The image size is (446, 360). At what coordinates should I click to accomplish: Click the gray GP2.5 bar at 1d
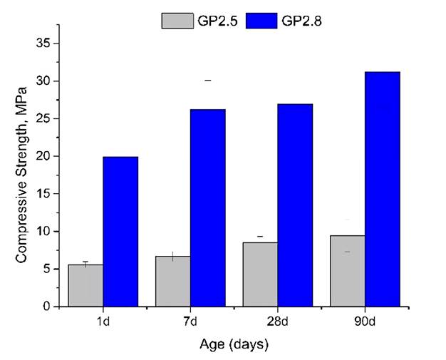point(85,285)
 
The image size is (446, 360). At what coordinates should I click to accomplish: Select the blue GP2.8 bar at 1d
point(120,232)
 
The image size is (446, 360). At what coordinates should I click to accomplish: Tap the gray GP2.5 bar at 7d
point(172,281)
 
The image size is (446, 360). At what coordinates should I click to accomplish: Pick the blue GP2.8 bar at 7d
point(207,207)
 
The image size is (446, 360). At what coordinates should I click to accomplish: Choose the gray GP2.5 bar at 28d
point(260,274)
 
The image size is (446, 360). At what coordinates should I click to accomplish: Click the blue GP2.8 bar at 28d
point(295,205)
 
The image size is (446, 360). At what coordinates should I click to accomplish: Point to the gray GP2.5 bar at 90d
point(348,271)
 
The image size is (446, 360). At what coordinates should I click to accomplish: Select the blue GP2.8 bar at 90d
point(383,189)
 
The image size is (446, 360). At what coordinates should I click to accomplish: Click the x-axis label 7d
point(190,321)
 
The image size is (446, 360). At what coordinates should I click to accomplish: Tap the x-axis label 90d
point(365,321)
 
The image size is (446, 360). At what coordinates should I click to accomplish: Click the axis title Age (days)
point(233,345)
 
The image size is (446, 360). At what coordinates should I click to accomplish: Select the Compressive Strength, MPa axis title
point(21,175)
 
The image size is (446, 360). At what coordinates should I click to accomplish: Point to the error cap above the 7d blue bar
point(207,81)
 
